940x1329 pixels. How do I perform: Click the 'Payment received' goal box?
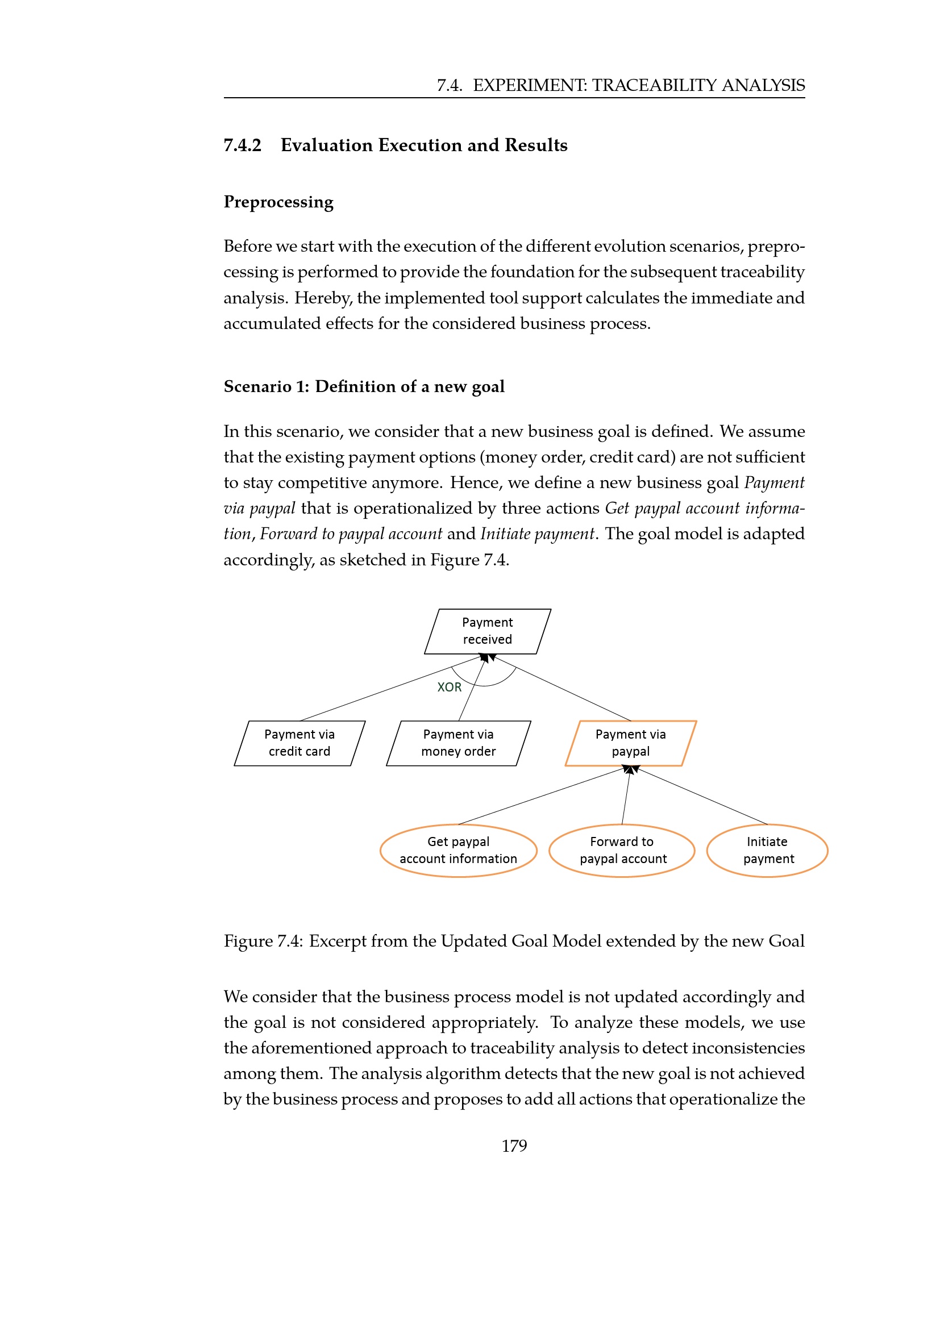pos(488,631)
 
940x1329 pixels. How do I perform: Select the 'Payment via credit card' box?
pos(300,743)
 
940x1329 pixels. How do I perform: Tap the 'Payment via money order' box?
pos(459,743)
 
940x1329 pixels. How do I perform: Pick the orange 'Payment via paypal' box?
pos(630,743)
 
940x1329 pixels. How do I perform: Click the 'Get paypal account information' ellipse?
pos(459,851)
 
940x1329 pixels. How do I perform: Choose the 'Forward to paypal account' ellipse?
pos(622,851)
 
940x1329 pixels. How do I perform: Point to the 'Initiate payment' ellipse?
pos(767,851)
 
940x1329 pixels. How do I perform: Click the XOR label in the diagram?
pos(449,687)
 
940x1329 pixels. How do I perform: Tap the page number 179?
pos(514,1145)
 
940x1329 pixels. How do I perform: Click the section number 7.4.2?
pos(243,145)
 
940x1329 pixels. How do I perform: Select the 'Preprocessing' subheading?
pos(278,202)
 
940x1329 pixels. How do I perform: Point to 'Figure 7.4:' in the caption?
pos(263,940)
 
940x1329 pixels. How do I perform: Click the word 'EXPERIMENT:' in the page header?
pos(530,86)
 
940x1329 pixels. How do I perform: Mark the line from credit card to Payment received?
pos(388,689)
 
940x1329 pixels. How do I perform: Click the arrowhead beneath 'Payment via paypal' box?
pos(630,769)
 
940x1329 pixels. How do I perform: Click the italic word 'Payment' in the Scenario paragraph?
pos(774,483)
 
